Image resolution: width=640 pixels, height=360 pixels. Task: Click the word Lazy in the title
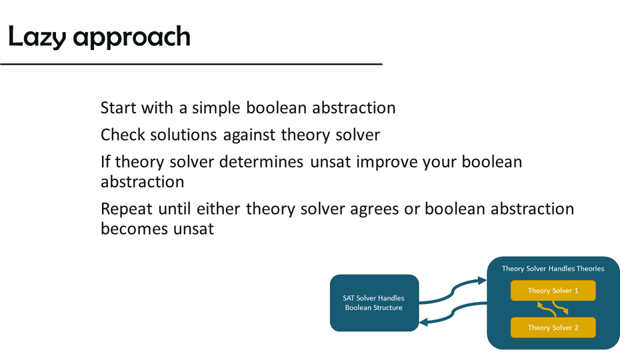[x=37, y=37]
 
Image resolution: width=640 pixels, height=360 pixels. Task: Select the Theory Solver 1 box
[x=553, y=291]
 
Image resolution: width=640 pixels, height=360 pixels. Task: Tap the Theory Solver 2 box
[x=553, y=327]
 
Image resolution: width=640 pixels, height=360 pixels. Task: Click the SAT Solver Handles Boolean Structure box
[x=374, y=303]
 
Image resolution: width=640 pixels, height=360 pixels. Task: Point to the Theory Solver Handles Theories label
[x=553, y=269]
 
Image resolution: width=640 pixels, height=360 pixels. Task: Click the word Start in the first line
[x=119, y=108]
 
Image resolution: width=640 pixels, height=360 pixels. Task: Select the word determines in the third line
[x=261, y=162]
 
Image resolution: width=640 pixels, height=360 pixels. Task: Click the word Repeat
[x=127, y=209]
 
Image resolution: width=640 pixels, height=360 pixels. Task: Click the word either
[x=219, y=209]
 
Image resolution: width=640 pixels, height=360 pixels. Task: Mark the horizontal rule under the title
[x=191, y=64]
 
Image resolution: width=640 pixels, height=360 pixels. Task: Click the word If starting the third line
[x=105, y=161]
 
